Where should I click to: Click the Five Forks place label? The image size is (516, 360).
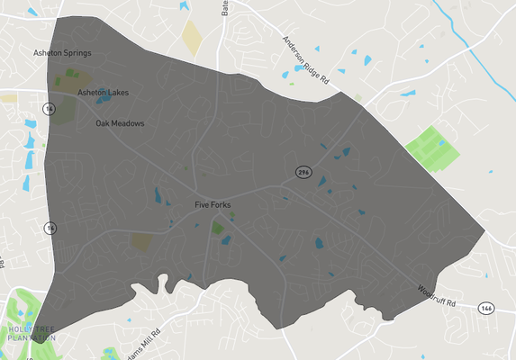tap(213, 205)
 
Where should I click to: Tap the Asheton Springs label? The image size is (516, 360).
tap(61, 53)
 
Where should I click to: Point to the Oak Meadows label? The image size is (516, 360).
tap(120, 123)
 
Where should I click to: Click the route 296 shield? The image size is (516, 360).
tap(305, 172)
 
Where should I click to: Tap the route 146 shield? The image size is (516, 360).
tap(485, 307)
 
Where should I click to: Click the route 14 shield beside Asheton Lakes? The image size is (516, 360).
tap(50, 108)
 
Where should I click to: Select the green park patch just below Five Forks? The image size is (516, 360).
tap(217, 229)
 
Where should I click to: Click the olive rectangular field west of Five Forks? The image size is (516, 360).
tap(141, 241)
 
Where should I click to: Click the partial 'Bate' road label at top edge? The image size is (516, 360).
tap(224, 10)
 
